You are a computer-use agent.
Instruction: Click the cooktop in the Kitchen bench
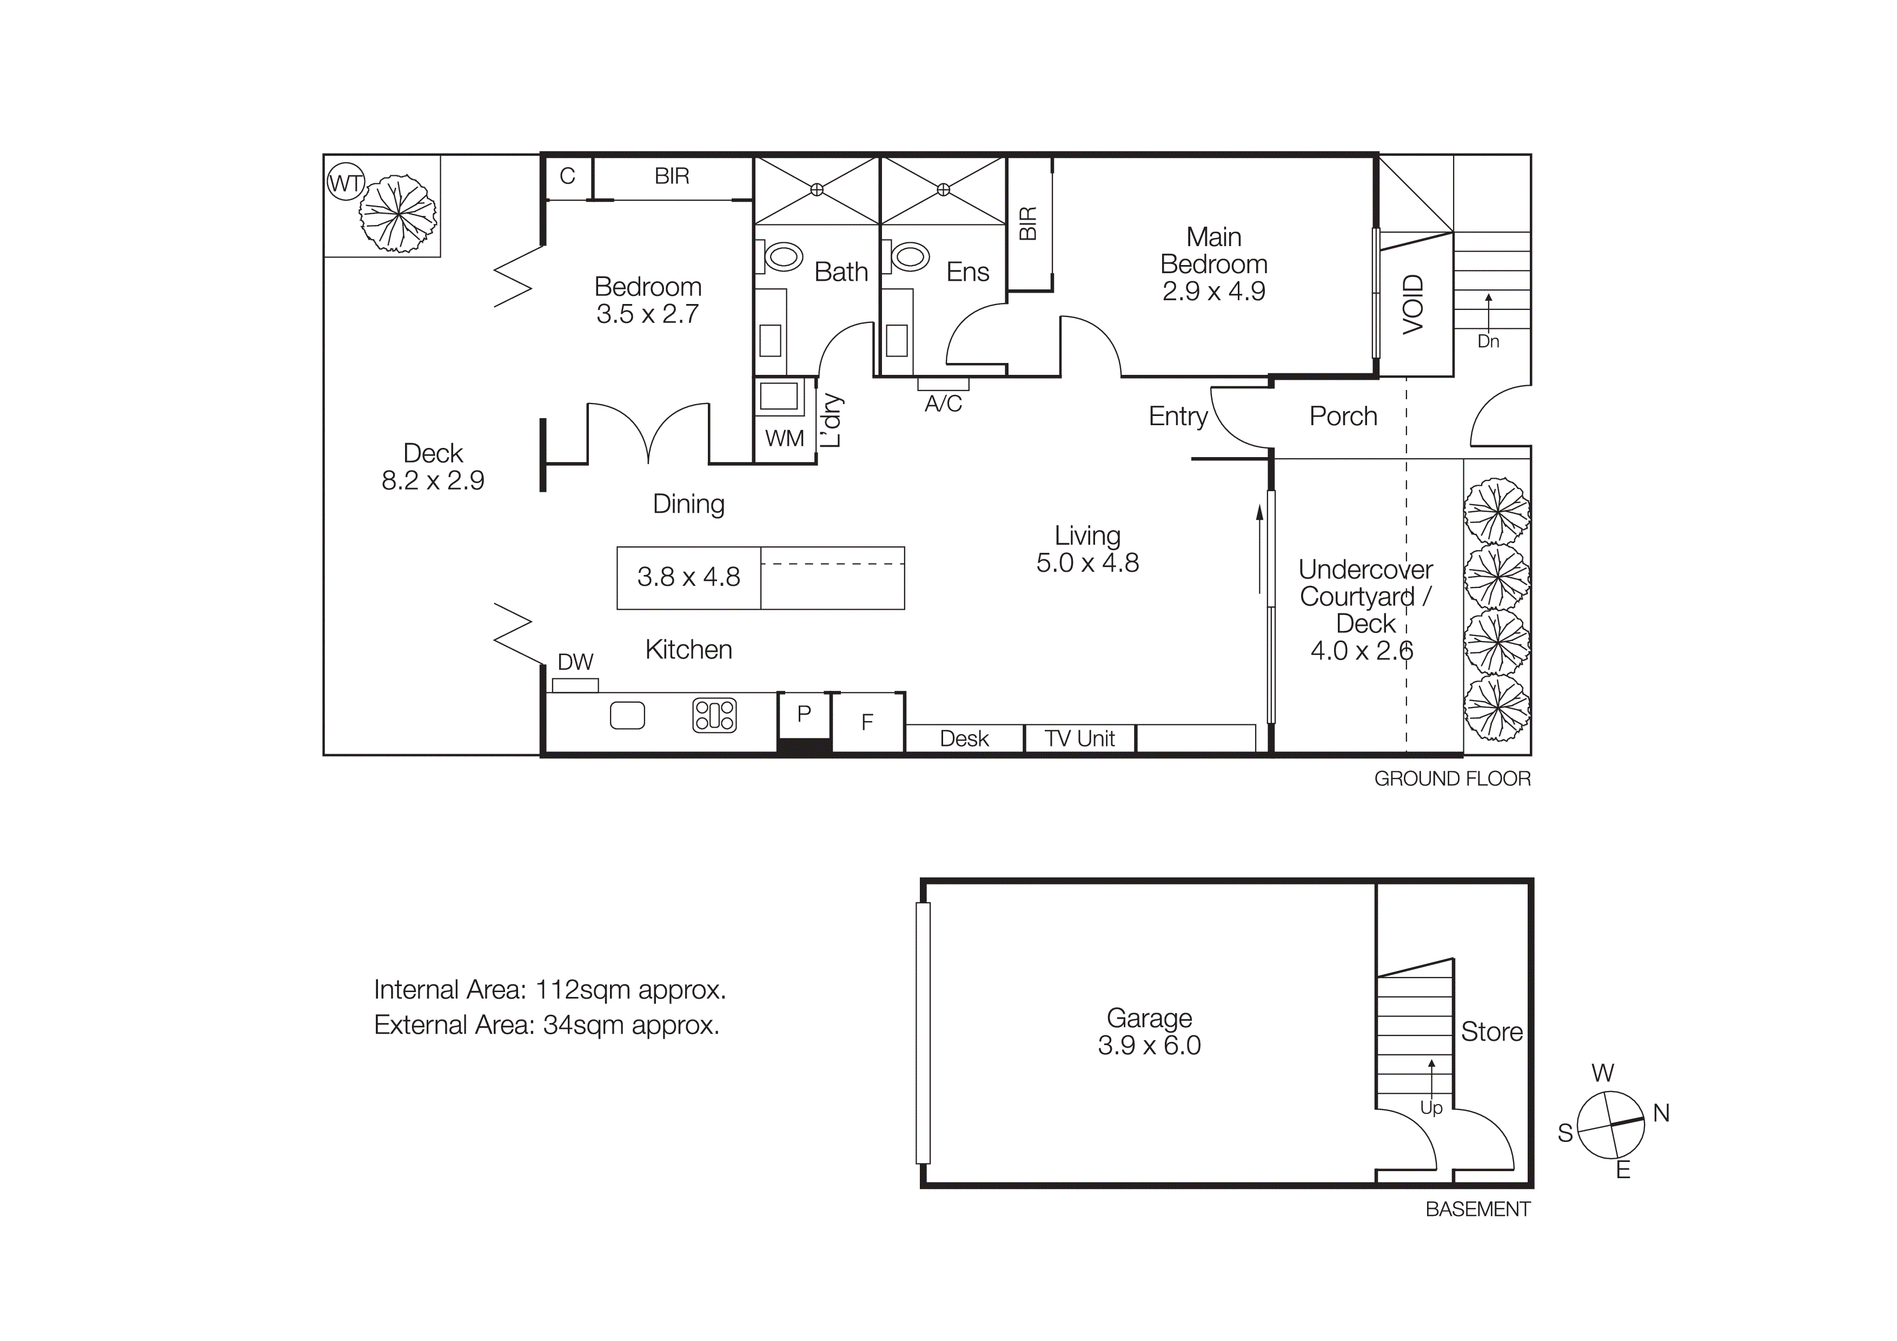pos(715,716)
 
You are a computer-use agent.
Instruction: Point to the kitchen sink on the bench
pos(627,716)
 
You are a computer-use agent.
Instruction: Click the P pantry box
pos(804,714)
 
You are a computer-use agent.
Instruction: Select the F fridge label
pos(867,723)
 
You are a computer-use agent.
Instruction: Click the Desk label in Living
pos(964,739)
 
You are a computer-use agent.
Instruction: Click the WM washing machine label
pos(784,439)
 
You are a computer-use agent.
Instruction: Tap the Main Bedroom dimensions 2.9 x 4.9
pos(1213,292)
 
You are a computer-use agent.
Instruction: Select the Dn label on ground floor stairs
pos(1488,341)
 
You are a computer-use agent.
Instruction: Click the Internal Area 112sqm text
pos(549,990)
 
